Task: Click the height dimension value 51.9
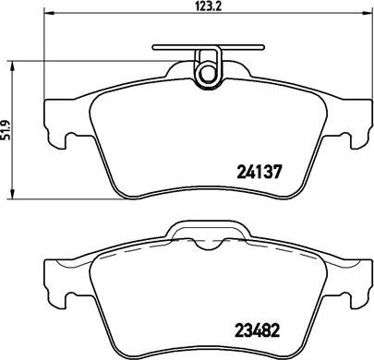point(6,130)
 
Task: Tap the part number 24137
point(259,172)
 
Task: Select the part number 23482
point(258,330)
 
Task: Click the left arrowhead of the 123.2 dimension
point(49,13)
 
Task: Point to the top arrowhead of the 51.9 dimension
point(12,66)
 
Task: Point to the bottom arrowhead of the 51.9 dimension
point(12,194)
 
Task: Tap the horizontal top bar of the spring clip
point(209,47)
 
